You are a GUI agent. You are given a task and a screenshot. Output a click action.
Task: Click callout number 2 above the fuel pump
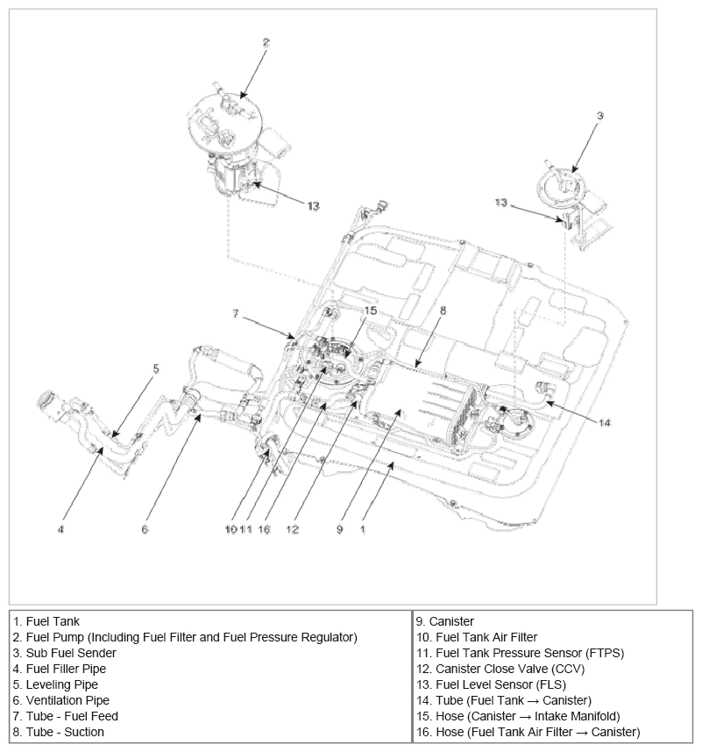pyautogui.click(x=266, y=41)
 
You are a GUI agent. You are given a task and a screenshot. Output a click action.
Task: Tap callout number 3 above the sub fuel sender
pyautogui.click(x=599, y=115)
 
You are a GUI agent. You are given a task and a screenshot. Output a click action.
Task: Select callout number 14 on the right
pyautogui.click(x=605, y=422)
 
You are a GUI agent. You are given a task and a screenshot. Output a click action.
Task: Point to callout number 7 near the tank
pyautogui.click(x=236, y=313)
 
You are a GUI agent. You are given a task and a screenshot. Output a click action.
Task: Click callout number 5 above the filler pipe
pyautogui.click(x=156, y=369)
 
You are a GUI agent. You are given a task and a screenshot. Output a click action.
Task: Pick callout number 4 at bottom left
pyautogui.click(x=60, y=529)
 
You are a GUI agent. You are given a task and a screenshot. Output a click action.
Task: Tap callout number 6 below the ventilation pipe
pyautogui.click(x=145, y=529)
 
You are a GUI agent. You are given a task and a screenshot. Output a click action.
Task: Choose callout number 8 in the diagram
pyautogui.click(x=443, y=310)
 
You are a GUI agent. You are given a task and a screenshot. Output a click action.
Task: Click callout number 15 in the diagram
pyautogui.click(x=371, y=311)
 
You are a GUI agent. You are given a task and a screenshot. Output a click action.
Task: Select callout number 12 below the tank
pyautogui.click(x=292, y=529)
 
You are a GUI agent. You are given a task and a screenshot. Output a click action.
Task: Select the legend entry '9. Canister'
pyautogui.click(x=451, y=620)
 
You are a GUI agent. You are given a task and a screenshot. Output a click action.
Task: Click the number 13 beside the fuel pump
pyautogui.click(x=313, y=206)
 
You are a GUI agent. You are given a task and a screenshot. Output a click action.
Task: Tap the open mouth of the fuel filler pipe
pyautogui.click(x=43, y=405)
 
